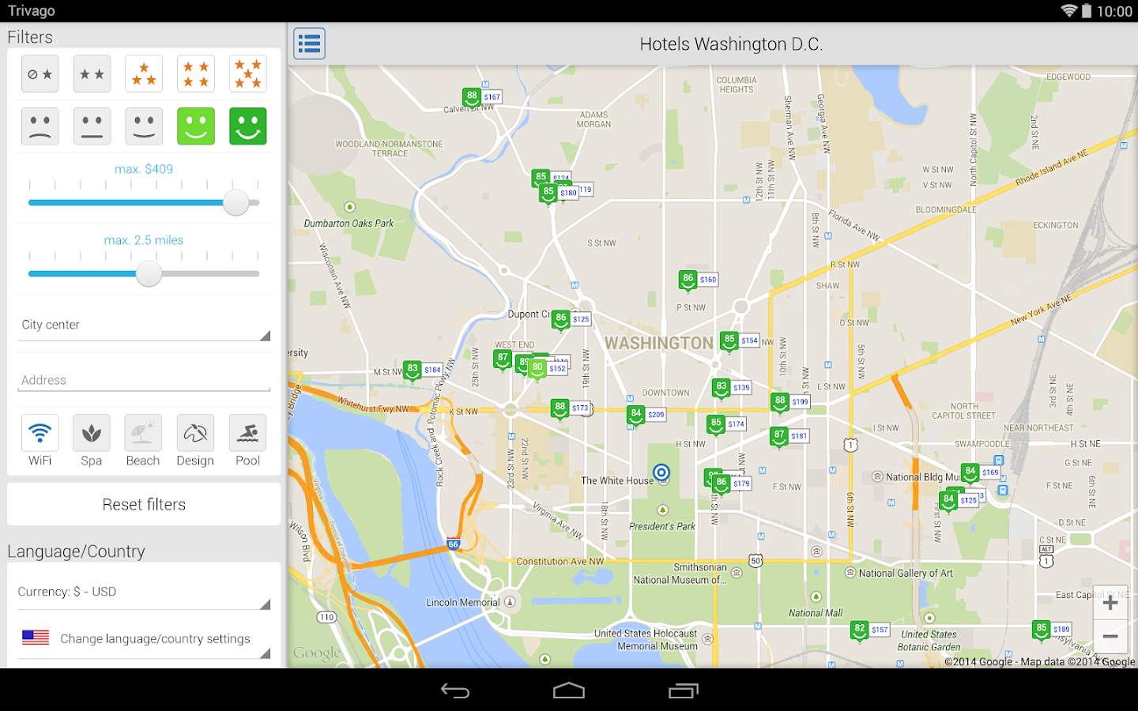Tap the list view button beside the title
tap(309, 43)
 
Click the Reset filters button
tap(144, 504)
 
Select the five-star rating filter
tap(247, 74)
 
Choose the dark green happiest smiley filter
tap(247, 126)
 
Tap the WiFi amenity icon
tap(40, 434)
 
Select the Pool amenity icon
tap(247, 434)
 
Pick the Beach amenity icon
tap(143, 434)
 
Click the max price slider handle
tap(236, 203)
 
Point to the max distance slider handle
tap(149, 274)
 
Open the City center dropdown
tap(144, 325)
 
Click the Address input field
tap(144, 381)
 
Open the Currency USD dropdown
tap(144, 592)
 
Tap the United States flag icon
tap(36, 638)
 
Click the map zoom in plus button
tap(1110, 604)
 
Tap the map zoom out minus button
tap(1110, 636)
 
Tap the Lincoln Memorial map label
tap(463, 603)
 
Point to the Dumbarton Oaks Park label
tap(349, 224)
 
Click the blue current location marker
tap(661, 472)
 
